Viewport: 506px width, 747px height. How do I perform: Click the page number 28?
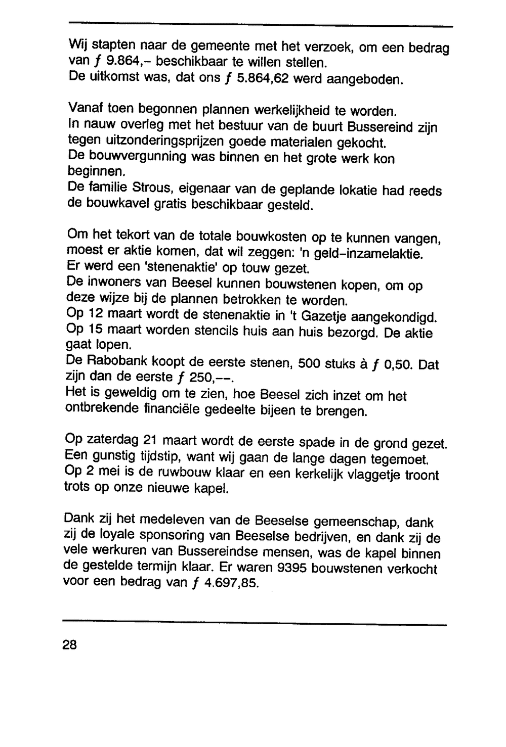(x=69, y=644)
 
